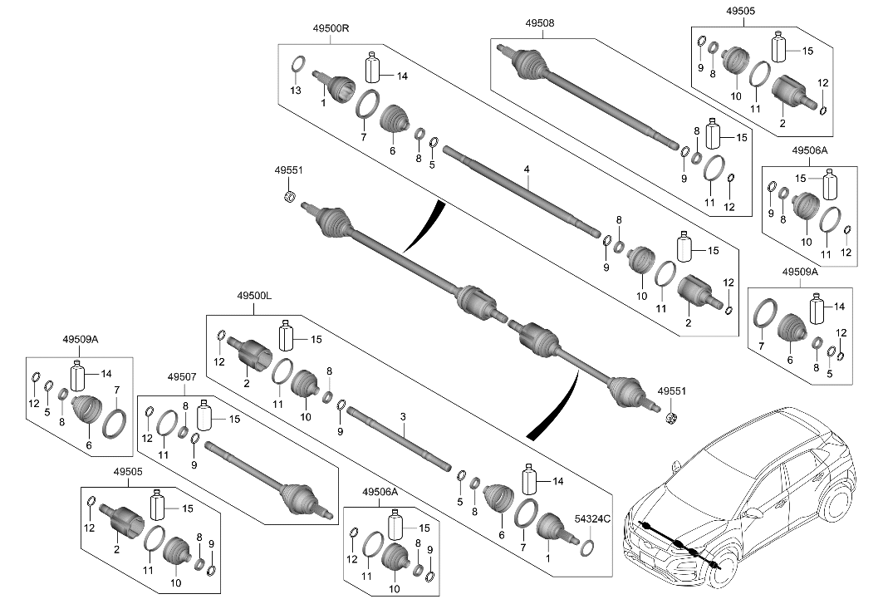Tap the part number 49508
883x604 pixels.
(539, 24)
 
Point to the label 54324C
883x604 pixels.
(593, 519)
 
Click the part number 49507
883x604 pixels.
(182, 377)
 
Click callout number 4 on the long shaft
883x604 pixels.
(527, 169)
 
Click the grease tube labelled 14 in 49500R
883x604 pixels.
(373, 66)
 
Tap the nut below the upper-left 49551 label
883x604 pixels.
(291, 196)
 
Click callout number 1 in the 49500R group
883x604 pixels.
(322, 102)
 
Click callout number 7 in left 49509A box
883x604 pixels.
(117, 390)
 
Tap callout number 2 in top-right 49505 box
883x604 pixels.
(782, 122)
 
